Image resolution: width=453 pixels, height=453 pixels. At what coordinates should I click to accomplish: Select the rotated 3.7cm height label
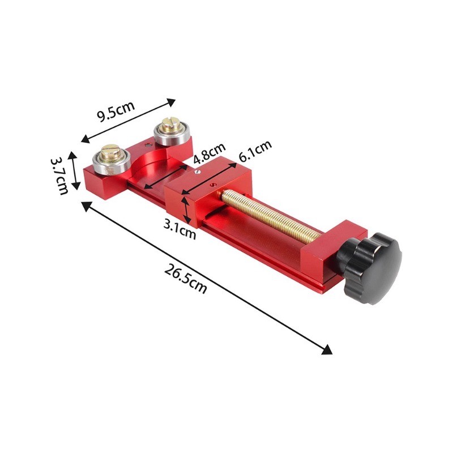coord(59,176)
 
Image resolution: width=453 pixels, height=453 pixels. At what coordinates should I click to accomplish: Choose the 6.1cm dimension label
coord(255,150)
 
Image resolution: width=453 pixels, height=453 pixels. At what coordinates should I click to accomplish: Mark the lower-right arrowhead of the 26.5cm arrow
coord(327,351)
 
